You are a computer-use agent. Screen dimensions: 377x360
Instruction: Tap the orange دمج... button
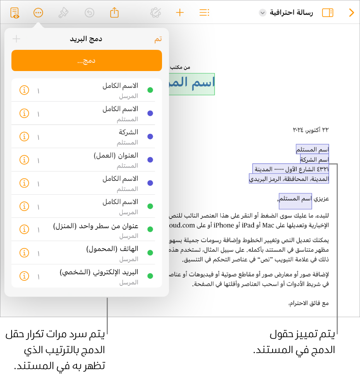87,61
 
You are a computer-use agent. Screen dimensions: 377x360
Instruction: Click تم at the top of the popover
158,39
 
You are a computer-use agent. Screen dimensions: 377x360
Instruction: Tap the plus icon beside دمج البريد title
16,39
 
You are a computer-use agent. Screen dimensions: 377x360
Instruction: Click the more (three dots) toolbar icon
38,13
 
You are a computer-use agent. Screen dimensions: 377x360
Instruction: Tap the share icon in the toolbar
114,13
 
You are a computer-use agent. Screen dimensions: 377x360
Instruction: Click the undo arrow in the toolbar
89,13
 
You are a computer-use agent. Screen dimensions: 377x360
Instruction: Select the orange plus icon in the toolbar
180,13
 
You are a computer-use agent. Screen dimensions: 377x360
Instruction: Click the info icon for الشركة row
24,137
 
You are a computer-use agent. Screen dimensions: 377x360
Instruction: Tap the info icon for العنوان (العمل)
24,160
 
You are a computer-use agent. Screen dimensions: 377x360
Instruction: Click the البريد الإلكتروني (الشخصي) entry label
99,272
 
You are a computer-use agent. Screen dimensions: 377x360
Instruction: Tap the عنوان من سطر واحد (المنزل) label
96,226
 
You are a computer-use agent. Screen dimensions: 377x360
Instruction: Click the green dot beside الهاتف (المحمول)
150,253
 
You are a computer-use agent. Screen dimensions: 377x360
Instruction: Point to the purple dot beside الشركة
150,137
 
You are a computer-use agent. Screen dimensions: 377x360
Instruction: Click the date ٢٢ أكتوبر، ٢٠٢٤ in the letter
311,130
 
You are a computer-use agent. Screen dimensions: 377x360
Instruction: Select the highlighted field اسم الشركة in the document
314,160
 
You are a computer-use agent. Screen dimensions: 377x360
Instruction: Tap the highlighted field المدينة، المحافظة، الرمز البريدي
289,179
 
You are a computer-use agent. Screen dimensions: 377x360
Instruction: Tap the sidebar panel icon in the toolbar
328,13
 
